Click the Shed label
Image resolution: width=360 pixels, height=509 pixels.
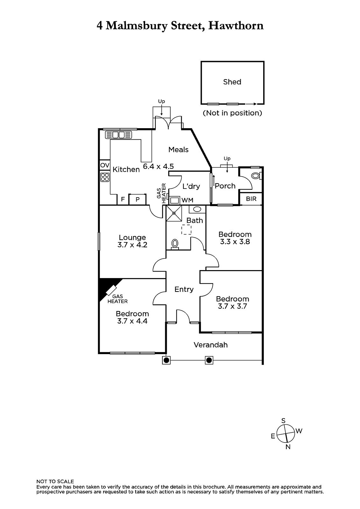pyautogui.click(x=232, y=82)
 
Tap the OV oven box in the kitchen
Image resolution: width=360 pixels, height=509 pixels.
pyautogui.click(x=105, y=165)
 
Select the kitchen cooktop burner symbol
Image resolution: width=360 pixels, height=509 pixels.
pyautogui.click(x=105, y=177)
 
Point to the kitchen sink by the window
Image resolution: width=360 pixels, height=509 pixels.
pyautogui.click(x=118, y=135)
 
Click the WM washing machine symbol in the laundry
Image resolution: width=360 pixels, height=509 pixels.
pyautogui.click(x=174, y=200)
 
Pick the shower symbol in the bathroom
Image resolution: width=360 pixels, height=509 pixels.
pyautogui.click(x=174, y=213)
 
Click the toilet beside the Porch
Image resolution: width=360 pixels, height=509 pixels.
pyautogui.click(x=256, y=176)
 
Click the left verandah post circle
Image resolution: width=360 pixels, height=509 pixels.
pyautogui.click(x=166, y=360)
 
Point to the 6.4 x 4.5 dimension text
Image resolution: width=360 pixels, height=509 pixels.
pyautogui.click(x=158, y=166)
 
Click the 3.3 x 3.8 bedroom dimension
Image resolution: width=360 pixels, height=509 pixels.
pyautogui.click(x=235, y=242)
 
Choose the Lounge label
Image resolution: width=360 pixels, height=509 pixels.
pyautogui.click(x=132, y=237)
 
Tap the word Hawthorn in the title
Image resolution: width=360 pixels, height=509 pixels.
pyautogui.click(x=236, y=25)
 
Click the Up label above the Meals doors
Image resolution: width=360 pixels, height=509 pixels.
pyautogui.click(x=162, y=101)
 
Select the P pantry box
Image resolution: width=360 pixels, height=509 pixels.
pyautogui.click(x=138, y=199)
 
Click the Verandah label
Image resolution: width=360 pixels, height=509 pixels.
pyautogui.click(x=211, y=345)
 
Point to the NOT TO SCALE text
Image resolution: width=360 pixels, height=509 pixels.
pyautogui.click(x=55, y=481)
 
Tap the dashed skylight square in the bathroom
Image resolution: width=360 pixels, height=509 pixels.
pyautogui.click(x=186, y=230)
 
